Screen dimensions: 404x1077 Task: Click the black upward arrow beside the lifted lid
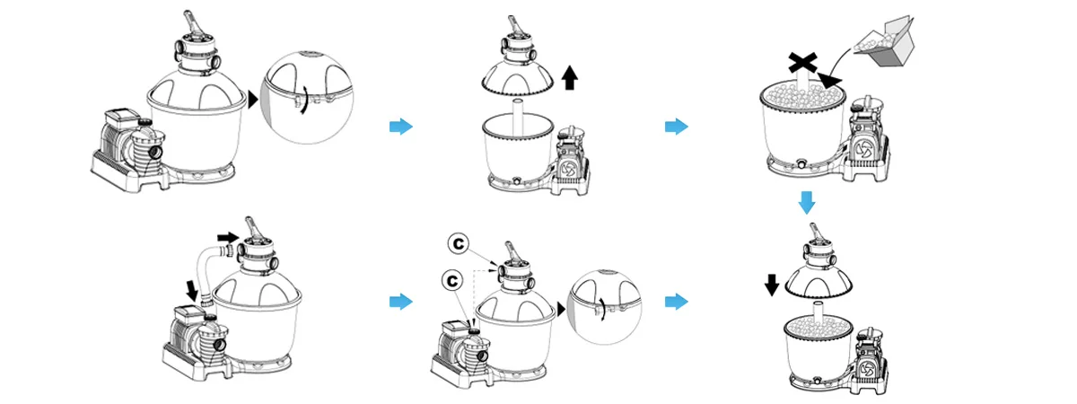pyautogui.click(x=568, y=82)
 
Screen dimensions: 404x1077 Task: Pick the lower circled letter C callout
pyautogui.click(x=452, y=281)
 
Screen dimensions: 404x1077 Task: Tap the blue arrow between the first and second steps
pyautogui.click(x=400, y=127)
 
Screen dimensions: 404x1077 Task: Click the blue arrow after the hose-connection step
pyautogui.click(x=400, y=301)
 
